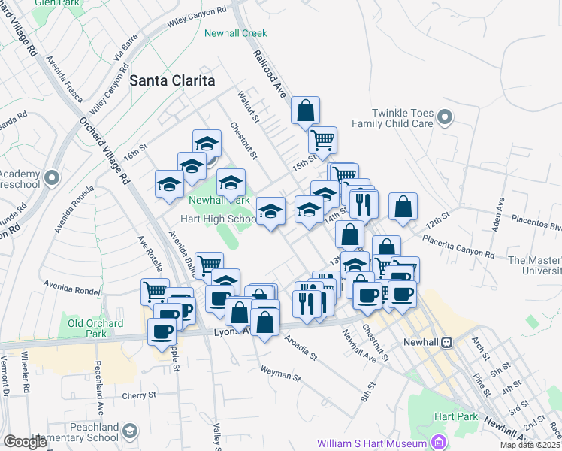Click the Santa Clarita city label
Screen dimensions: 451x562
(172, 80)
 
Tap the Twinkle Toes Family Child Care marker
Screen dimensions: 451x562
(446, 117)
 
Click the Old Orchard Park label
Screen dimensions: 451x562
(94, 328)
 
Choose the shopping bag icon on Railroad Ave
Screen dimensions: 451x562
(306, 110)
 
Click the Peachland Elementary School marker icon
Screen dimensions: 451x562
(130, 431)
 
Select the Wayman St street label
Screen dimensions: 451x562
(280, 374)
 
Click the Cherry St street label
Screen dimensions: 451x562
(141, 395)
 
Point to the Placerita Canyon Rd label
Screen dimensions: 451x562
(458, 247)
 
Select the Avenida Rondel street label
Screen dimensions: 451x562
(72, 285)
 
